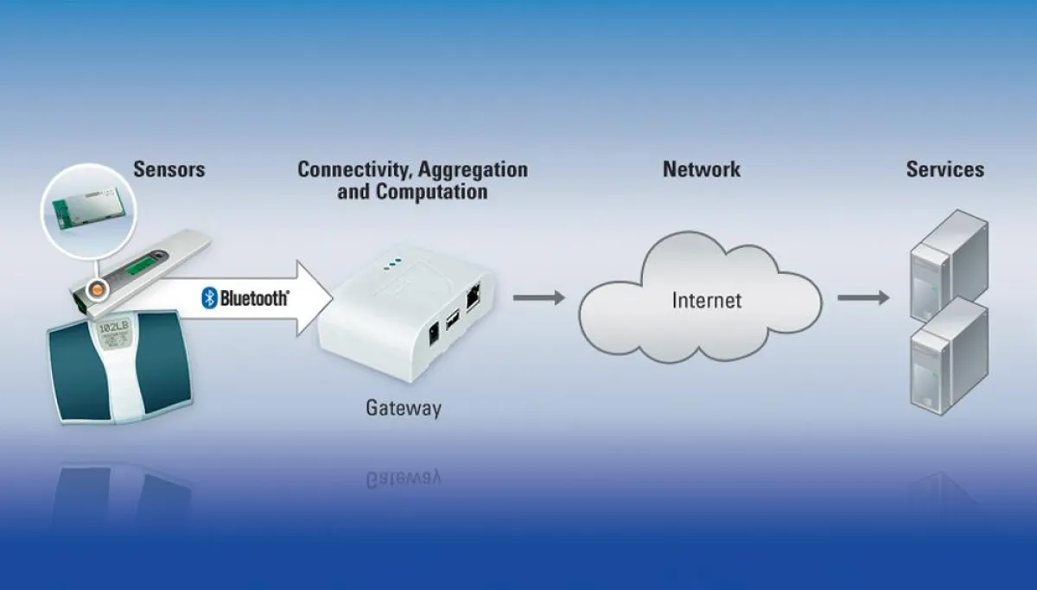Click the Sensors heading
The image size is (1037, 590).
click(169, 168)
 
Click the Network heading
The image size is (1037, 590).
click(701, 168)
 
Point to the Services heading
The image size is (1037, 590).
click(945, 168)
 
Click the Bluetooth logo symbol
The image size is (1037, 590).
click(208, 299)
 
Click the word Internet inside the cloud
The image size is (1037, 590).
click(707, 301)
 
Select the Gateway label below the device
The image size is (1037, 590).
click(403, 408)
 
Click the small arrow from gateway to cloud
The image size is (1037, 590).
click(538, 298)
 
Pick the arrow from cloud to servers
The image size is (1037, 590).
click(862, 298)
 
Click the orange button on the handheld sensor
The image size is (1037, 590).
click(97, 287)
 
